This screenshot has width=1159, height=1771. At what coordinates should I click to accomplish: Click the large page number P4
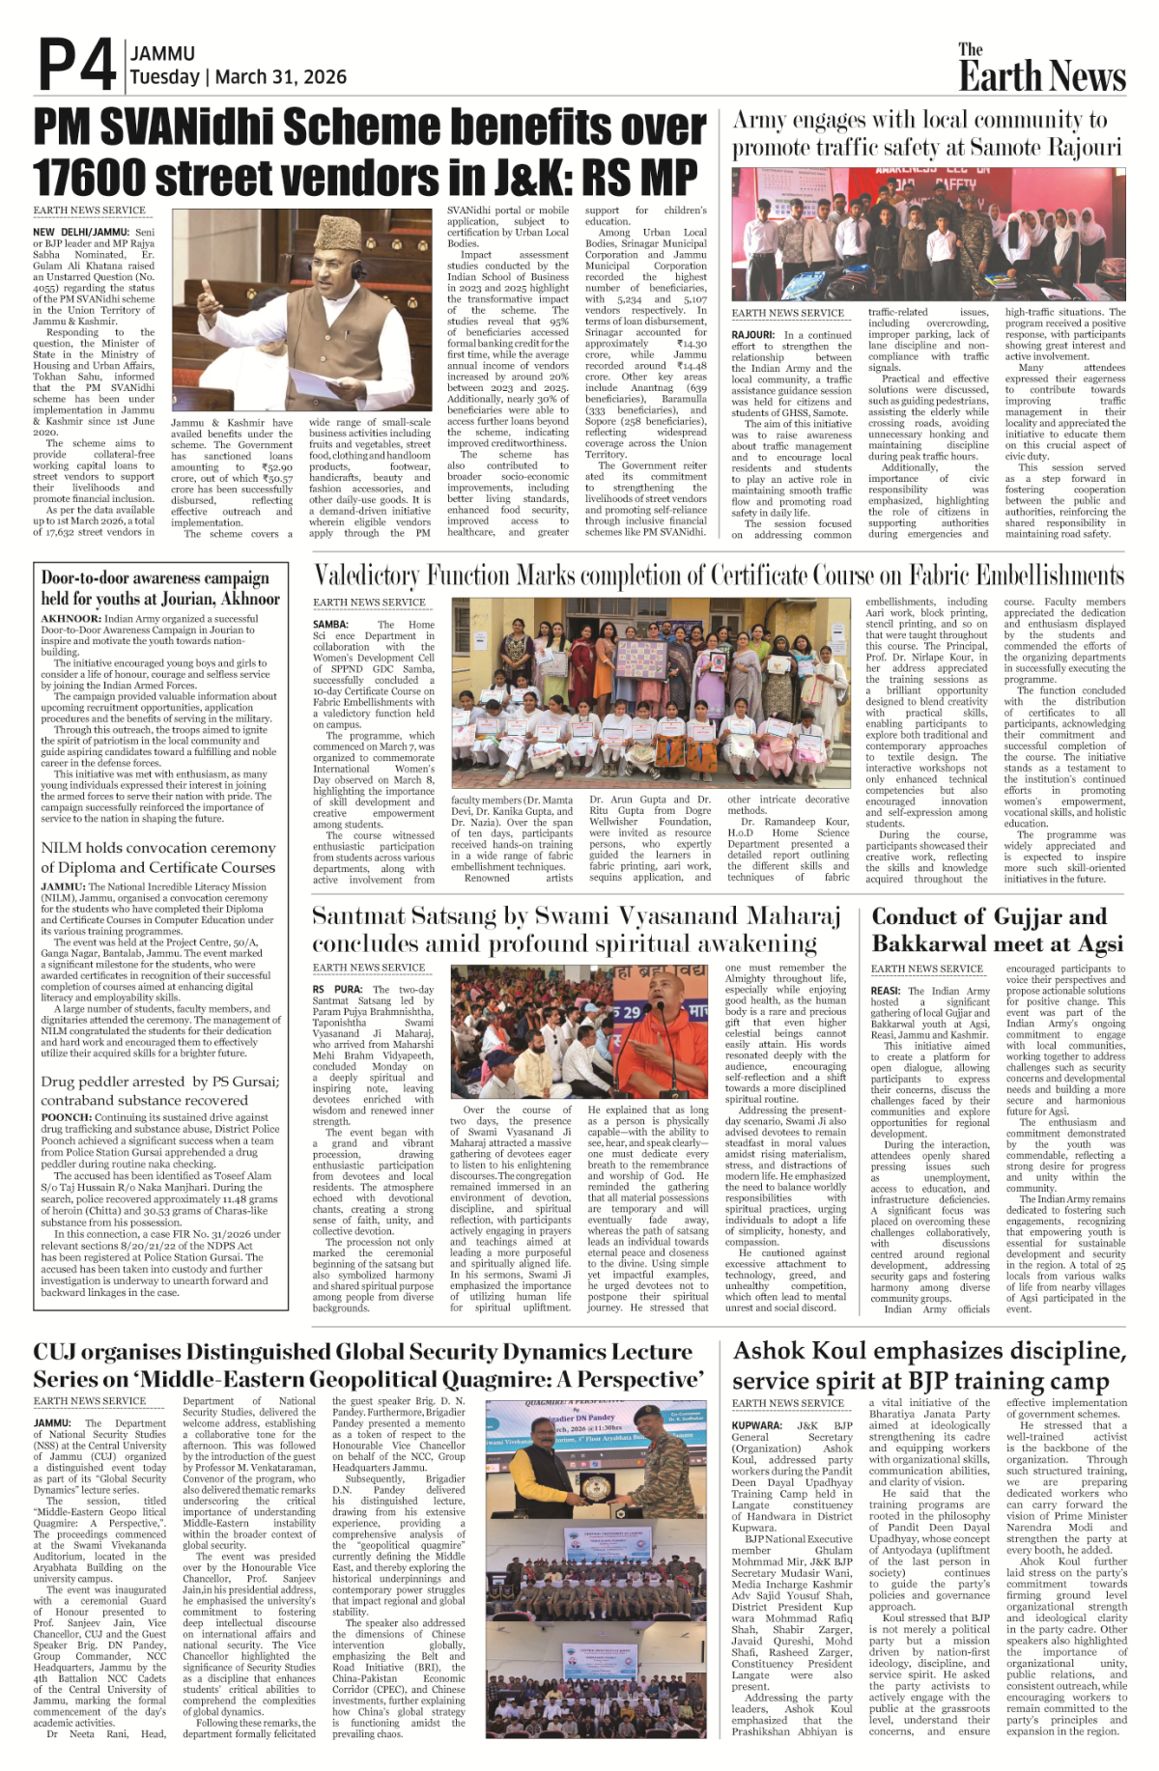76,66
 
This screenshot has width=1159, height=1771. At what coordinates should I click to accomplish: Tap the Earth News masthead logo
1041,69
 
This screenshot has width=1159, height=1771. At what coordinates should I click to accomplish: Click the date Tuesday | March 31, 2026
238,77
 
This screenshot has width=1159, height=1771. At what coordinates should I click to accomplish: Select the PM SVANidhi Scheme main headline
369,153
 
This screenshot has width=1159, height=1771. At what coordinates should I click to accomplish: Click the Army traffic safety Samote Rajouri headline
926,133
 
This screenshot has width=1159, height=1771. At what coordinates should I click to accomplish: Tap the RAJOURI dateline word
752,335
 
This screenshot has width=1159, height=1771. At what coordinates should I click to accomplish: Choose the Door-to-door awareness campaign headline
159,588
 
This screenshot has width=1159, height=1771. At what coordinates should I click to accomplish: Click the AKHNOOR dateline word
71,618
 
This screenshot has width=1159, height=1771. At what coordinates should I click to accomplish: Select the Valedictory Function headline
719,576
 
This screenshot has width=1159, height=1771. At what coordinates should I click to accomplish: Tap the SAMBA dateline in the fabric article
330,625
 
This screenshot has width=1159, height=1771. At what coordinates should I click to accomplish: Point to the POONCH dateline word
66,1117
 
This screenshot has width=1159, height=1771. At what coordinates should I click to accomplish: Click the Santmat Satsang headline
576,929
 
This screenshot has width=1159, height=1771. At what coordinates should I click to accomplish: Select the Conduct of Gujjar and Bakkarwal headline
997,929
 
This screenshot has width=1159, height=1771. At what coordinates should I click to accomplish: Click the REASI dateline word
886,991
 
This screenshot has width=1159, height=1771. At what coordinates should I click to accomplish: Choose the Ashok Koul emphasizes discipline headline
928,1365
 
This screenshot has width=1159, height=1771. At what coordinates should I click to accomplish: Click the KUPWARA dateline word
757,1425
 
